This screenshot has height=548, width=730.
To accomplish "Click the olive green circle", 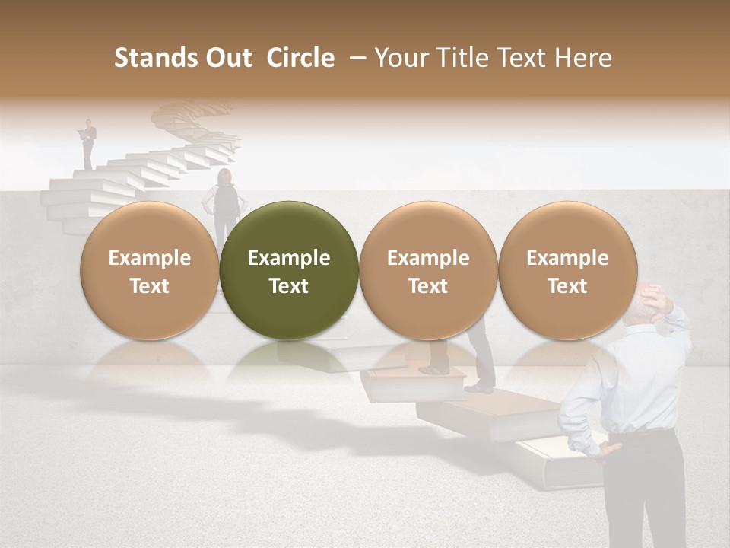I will (288, 271).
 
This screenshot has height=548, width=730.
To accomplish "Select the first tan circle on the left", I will (149, 271).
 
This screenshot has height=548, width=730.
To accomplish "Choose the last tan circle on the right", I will (567, 271).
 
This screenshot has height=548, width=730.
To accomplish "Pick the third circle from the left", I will (428, 271).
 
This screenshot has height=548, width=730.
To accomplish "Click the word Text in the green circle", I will (288, 286).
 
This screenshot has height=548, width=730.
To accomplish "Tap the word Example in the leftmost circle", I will (149, 258).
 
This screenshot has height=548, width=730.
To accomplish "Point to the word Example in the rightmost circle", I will (567, 258).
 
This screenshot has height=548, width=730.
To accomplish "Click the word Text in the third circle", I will (428, 286).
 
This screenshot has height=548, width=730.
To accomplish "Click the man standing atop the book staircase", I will (89, 143).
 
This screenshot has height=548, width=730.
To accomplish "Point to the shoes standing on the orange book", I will (436, 369).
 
